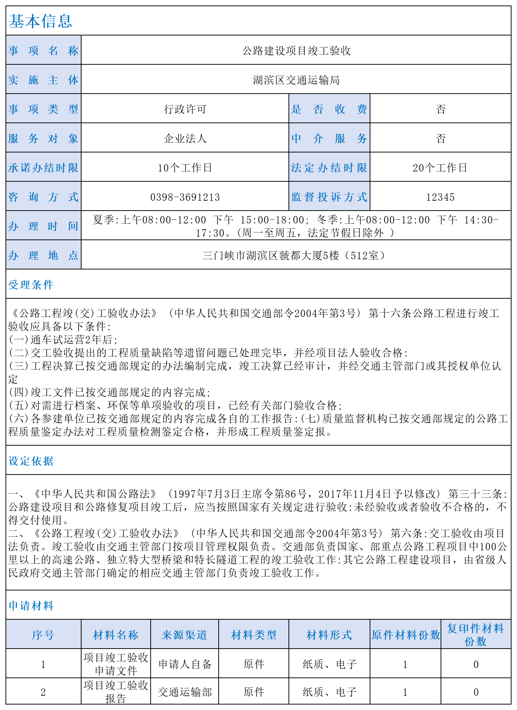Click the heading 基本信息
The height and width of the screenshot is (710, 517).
pyautogui.click(x=41, y=21)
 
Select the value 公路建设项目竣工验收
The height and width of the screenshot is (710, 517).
pyautogui.click(x=296, y=50)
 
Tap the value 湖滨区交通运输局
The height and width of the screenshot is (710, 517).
pyautogui.click(x=296, y=80)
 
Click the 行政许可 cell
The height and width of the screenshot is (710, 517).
pyautogui.click(x=185, y=109)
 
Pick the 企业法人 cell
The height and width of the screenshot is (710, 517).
pyautogui.click(x=185, y=138)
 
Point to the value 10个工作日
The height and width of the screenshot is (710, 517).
pyautogui.click(x=185, y=167)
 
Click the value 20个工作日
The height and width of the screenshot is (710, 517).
pyautogui.click(x=440, y=167)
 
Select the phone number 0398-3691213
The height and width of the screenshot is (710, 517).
pyautogui.click(x=185, y=197)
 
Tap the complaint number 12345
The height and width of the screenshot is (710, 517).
pyautogui.click(x=440, y=197)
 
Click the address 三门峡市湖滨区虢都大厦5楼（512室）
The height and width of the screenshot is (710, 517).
pyautogui.click(x=294, y=255)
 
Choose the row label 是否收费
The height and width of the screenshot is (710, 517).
pyautogui.click(x=329, y=109)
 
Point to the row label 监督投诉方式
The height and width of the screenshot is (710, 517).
pyautogui.click(x=329, y=197)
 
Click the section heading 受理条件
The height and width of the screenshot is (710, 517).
pyautogui.click(x=31, y=284)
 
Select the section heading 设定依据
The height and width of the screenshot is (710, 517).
pyautogui.click(x=31, y=461)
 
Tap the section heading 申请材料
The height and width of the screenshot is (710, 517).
pyautogui.click(x=31, y=605)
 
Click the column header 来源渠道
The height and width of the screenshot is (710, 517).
pyautogui.click(x=184, y=635)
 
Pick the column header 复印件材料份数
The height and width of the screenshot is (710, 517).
pyautogui.click(x=475, y=635)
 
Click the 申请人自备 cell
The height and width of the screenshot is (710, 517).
pyautogui.click(x=185, y=664)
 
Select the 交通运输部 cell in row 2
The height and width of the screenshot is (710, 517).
pyautogui.click(x=185, y=692)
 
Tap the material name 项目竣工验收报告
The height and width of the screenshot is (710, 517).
pyautogui.click(x=116, y=692)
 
